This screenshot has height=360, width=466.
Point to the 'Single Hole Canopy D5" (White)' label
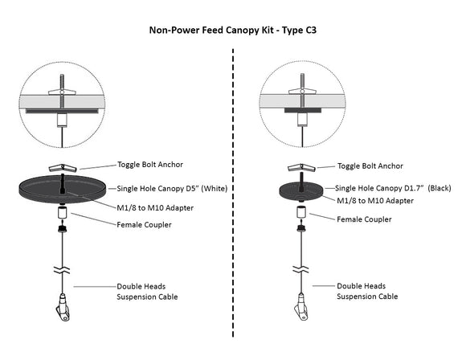click(x=173, y=188)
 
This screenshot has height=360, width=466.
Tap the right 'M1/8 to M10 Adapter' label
click(x=374, y=199)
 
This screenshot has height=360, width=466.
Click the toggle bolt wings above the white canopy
click(x=61, y=167)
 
